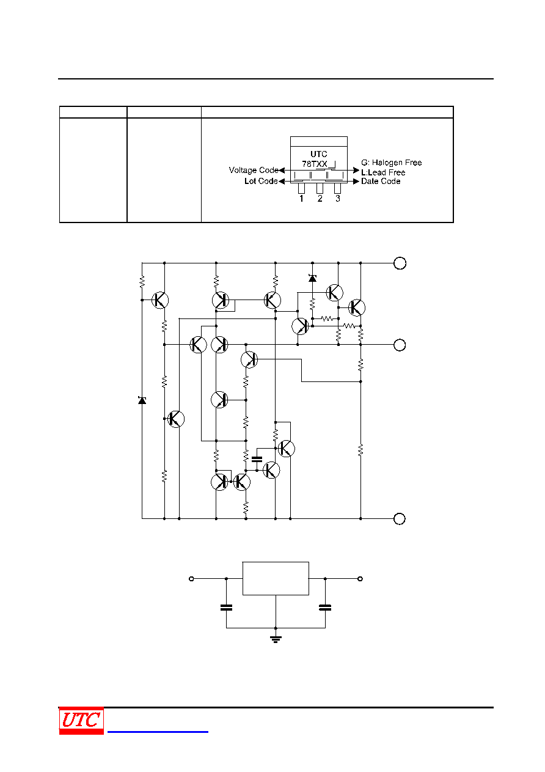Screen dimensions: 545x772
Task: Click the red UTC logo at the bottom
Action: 81,720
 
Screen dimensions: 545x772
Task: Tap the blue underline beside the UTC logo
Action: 158,732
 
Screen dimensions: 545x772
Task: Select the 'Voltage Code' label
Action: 254,170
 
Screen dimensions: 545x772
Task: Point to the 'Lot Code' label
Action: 261,181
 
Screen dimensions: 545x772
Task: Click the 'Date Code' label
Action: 381,182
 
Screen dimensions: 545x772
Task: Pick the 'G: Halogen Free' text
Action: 392,163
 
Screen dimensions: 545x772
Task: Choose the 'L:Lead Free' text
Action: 383,172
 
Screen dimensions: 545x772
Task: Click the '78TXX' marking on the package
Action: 314,164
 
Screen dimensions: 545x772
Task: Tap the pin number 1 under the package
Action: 301,199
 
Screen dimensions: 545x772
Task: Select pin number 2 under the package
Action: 320,199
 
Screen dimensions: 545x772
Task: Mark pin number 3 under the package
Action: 338,199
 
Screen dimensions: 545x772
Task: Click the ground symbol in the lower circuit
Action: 276,639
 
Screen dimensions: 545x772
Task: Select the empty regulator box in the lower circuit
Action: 276,578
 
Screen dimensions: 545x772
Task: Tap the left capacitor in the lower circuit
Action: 226,608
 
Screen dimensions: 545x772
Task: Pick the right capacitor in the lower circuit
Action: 325,608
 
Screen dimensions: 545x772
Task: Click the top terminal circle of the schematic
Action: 400,263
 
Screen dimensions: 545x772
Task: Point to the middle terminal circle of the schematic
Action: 400,345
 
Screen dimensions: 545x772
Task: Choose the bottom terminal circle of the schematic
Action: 399,519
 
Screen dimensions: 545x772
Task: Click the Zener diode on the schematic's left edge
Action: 142,400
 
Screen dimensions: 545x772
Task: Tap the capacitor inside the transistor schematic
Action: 257,459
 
